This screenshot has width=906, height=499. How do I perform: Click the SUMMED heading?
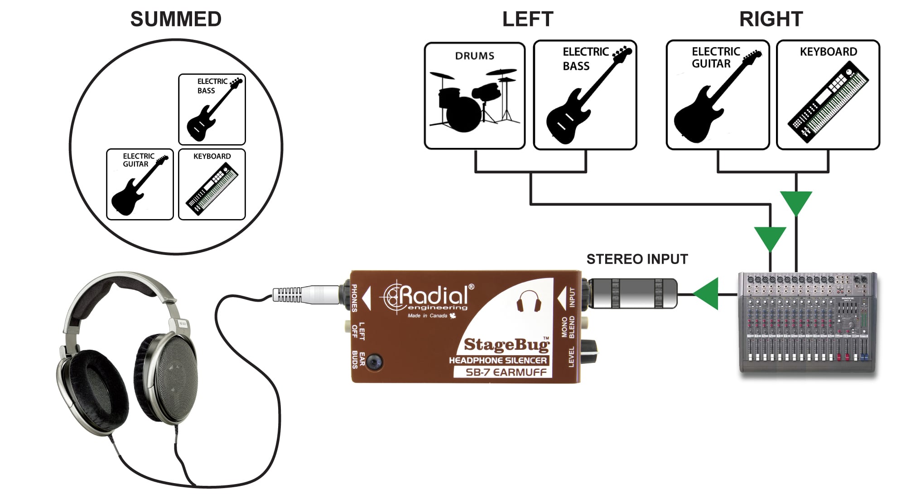pos(176,20)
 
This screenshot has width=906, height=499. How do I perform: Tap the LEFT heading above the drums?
pos(528,20)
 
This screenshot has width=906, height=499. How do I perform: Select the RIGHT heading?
pos(771,20)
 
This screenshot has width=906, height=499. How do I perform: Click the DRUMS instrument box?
pos(475,96)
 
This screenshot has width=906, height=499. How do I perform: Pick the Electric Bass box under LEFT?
pos(585,95)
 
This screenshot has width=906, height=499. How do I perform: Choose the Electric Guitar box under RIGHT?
pos(718,95)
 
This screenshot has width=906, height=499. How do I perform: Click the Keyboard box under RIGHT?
pos(828,95)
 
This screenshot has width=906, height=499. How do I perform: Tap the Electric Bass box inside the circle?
pos(212,109)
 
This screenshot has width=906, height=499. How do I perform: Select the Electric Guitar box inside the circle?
pos(140,184)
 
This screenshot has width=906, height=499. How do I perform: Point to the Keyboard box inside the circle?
pos(212,184)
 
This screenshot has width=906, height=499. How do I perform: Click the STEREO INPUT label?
pos(637,259)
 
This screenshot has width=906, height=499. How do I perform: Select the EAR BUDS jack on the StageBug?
pos(375,362)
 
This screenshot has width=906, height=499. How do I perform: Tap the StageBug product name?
pos(506,345)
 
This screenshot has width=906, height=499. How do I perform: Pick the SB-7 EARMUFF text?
pos(506,372)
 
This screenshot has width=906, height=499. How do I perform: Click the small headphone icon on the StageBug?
pos(529,301)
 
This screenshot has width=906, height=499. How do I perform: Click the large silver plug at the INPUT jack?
pos(633,294)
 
